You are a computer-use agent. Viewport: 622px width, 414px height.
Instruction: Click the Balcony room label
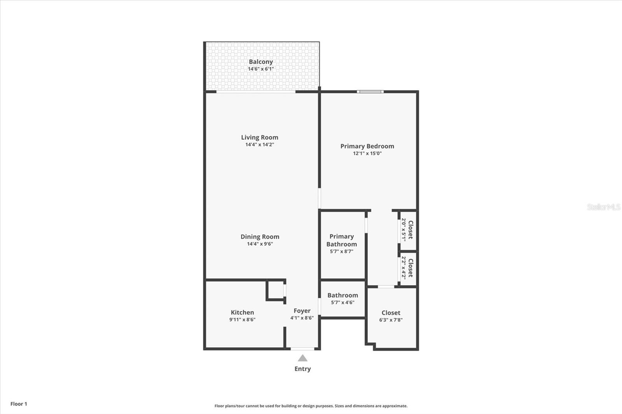[x=261, y=62]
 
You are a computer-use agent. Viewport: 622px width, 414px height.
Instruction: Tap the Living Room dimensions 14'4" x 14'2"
[x=260, y=144]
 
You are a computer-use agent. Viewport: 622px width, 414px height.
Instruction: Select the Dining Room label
[x=260, y=237]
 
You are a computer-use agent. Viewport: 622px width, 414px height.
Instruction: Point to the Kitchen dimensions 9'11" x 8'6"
[x=243, y=320]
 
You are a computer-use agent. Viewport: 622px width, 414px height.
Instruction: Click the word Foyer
[x=302, y=311]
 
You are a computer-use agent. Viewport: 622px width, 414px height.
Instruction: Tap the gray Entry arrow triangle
[x=303, y=358]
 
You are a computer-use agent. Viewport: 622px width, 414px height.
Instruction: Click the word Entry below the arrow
[x=303, y=369]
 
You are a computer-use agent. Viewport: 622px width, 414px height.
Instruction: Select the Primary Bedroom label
[x=367, y=146]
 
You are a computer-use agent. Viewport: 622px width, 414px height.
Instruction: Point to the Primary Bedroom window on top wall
[x=370, y=92]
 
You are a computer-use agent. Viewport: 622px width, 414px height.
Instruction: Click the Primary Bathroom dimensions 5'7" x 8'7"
[x=342, y=252]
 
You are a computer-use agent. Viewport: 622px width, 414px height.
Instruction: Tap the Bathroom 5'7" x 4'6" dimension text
[x=342, y=303]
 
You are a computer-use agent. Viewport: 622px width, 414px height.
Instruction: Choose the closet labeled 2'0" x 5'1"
[x=407, y=230]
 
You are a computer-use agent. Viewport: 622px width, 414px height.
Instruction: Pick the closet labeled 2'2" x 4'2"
[x=407, y=268]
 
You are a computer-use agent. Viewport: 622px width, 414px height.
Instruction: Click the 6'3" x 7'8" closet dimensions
[x=391, y=320]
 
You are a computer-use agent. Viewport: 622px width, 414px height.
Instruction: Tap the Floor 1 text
[x=19, y=404]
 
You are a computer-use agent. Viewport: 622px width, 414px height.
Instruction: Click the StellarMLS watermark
[x=604, y=207]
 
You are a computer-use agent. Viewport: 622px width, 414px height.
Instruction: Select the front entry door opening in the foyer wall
[x=302, y=349]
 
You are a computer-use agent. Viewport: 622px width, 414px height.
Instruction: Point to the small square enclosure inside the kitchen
[x=276, y=290]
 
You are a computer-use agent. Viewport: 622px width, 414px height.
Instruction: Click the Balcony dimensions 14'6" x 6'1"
[x=261, y=69]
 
